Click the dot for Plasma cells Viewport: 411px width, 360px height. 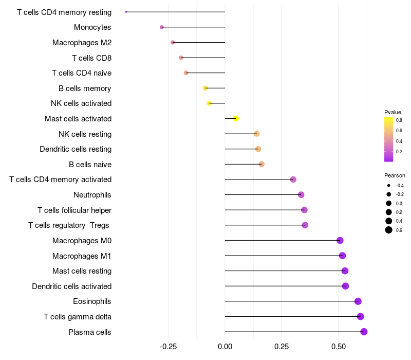[364, 332]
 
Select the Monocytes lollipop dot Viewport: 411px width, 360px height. [162, 27]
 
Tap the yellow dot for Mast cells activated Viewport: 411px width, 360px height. [236, 119]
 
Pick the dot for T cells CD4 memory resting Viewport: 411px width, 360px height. [126, 12]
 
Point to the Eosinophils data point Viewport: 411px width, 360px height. [358, 301]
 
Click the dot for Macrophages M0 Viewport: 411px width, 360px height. [340, 240]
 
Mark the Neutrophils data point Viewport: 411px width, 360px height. [301, 195]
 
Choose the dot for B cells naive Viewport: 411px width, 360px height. [261, 164]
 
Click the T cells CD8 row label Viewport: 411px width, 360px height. [92, 58]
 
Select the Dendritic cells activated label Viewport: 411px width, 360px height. [72, 286]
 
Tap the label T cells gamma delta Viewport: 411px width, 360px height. [78, 317]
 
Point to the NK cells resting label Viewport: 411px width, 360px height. [85, 134]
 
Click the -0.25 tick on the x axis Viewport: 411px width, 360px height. [168, 347]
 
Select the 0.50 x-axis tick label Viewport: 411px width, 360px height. [339, 347]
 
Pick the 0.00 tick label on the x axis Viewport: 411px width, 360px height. [225, 347]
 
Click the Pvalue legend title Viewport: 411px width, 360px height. [393, 112]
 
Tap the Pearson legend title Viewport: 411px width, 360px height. [395, 175]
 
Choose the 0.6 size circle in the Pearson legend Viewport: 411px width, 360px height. [388, 230]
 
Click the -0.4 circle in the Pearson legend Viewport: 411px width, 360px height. [388, 186]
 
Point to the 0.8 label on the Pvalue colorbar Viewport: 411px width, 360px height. [399, 120]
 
